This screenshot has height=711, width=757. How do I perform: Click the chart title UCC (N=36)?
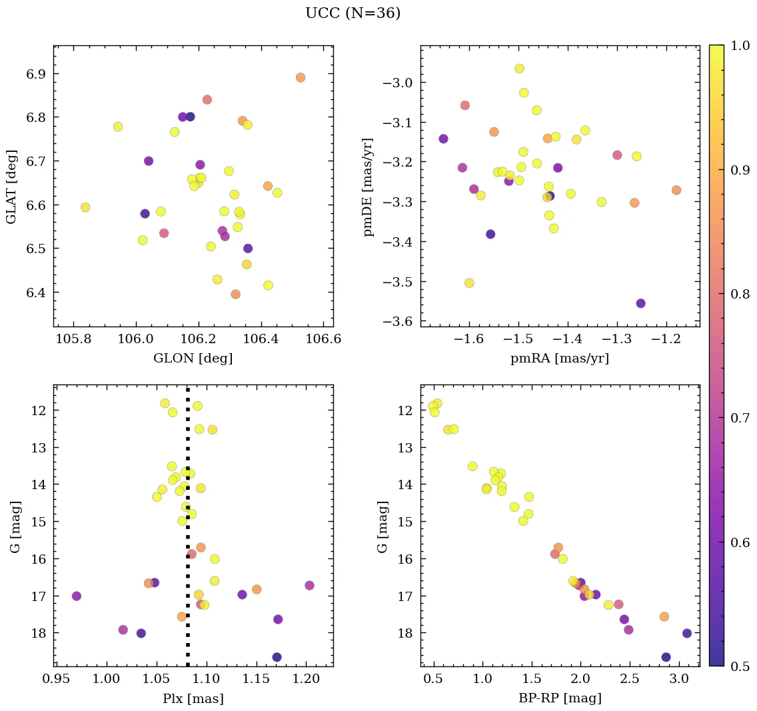(353, 13)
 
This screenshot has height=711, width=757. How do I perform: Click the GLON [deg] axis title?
(193, 358)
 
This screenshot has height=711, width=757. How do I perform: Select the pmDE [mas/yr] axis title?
(369, 187)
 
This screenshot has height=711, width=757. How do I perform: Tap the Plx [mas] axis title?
(193, 698)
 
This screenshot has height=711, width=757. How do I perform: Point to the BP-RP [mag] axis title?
(560, 698)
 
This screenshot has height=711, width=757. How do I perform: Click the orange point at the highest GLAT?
(301, 77)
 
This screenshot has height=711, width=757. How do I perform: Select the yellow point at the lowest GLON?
(85, 207)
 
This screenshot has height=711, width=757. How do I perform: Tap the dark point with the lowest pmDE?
(640, 303)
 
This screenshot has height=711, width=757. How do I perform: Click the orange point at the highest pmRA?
(676, 190)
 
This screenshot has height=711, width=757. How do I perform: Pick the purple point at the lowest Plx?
(77, 596)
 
